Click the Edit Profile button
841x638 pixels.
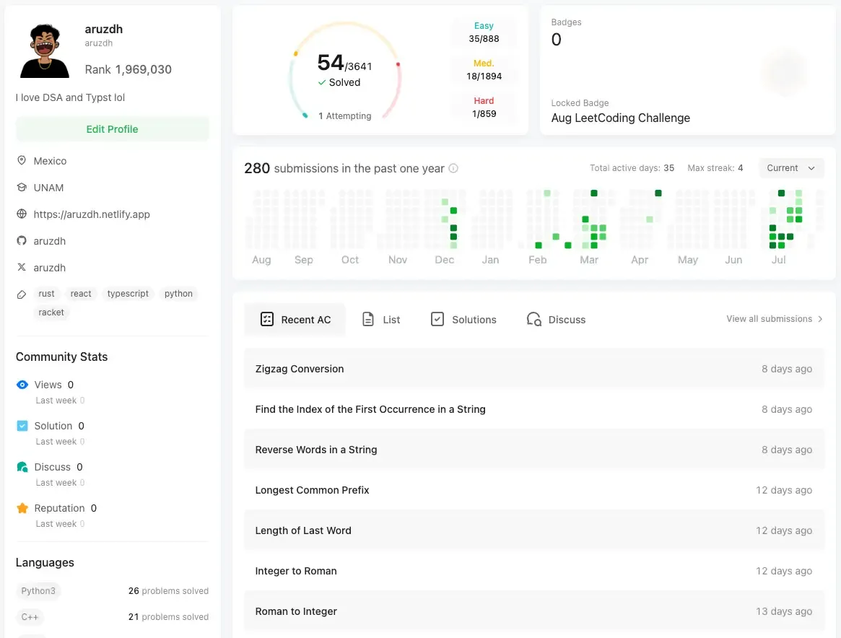click(x=112, y=129)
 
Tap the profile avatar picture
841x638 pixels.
click(x=45, y=51)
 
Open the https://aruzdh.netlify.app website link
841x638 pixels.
click(x=92, y=214)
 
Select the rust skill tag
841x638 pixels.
click(x=47, y=294)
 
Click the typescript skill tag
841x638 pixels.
click(x=128, y=294)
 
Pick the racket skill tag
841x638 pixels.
click(x=51, y=313)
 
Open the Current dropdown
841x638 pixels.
click(x=791, y=168)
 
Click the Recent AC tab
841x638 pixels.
click(x=295, y=320)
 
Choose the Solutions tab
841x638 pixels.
click(x=463, y=320)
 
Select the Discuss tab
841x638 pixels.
click(x=556, y=320)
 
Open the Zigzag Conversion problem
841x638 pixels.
click(x=300, y=369)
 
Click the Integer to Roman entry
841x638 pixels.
click(x=296, y=571)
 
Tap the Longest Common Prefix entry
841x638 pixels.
click(x=312, y=490)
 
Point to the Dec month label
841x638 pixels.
click(x=445, y=260)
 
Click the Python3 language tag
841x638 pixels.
click(x=38, y=591)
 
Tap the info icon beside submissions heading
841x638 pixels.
click(x=453, y=169)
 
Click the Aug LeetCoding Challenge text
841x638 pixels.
click(x=621, y=118)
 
